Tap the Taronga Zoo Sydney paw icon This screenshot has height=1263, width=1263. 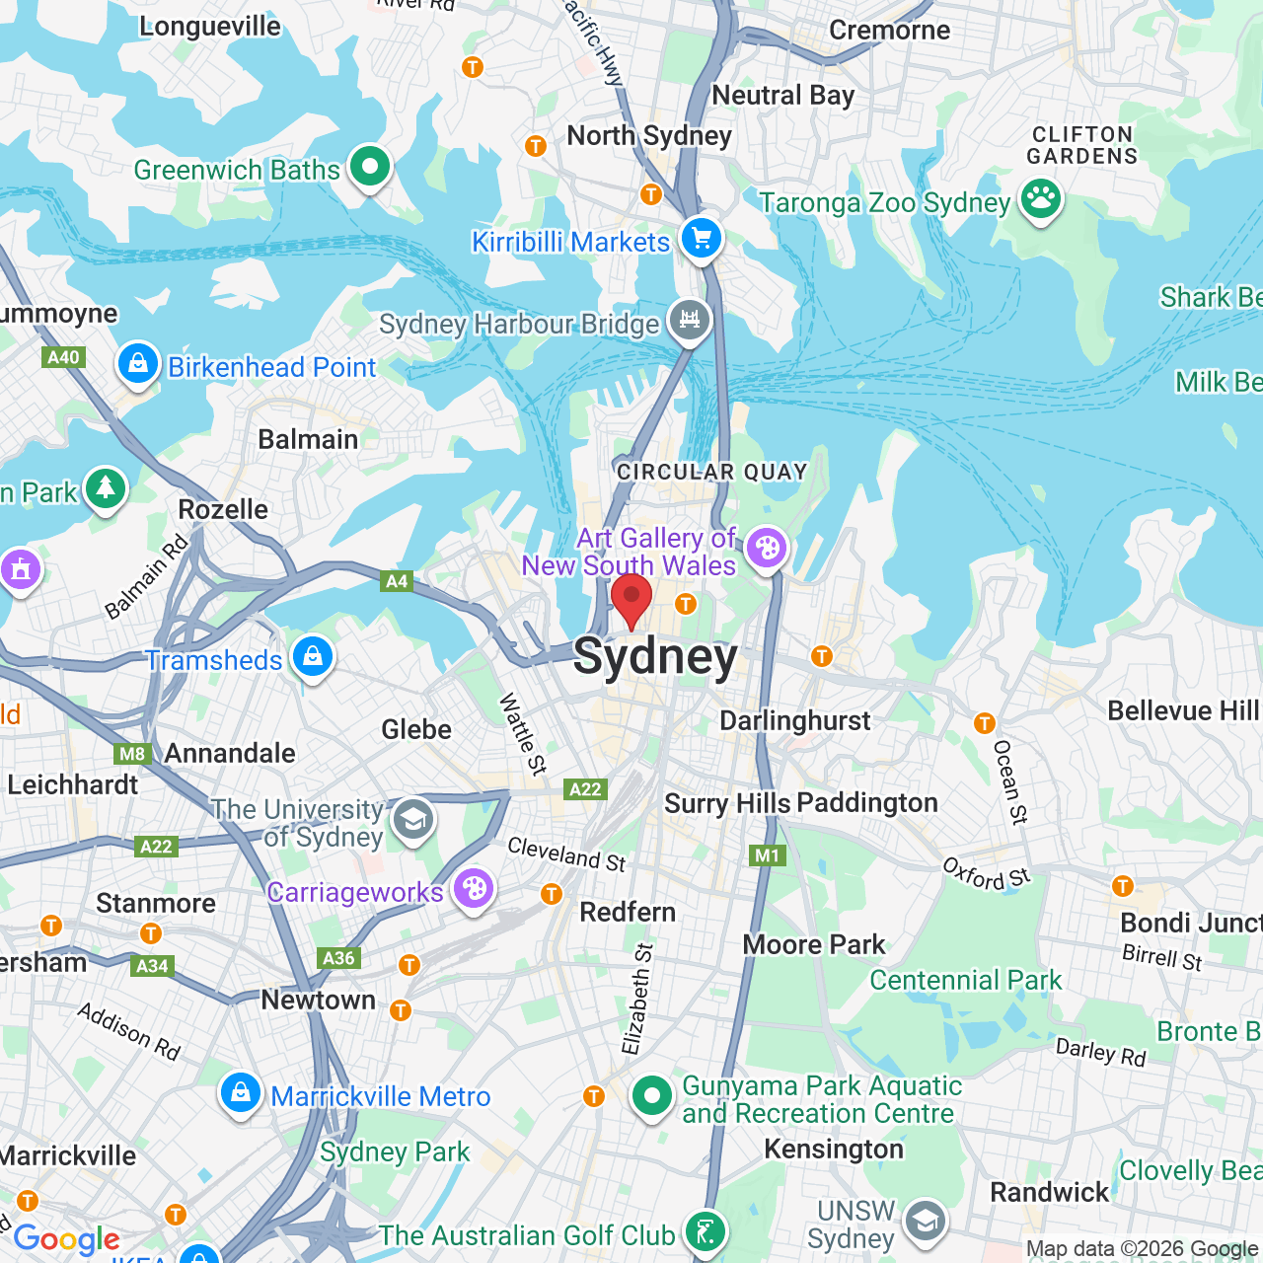[1040, 199]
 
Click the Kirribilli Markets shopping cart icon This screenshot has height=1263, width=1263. [702, 239]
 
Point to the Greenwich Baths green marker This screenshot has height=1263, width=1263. [370, 167]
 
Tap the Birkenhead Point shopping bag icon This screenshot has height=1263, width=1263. [138, 364]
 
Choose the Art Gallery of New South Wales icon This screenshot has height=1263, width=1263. [767, 548]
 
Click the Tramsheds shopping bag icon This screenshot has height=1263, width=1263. [313, 656]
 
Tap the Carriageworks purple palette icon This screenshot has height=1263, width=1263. [474, 889]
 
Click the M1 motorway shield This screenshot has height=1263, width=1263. [767, 855]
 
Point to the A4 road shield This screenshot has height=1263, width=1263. [397, 581]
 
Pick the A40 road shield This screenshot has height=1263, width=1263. [64, 357]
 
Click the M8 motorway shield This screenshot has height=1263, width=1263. [132, 754]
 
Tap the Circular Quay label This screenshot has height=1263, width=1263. [711, 472]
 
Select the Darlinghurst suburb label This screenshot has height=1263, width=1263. [794, 721]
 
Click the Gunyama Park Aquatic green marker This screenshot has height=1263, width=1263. [651, 1095]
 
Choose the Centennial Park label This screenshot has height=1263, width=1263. [965, 980]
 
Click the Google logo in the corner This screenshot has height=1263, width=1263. [66, 1239]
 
